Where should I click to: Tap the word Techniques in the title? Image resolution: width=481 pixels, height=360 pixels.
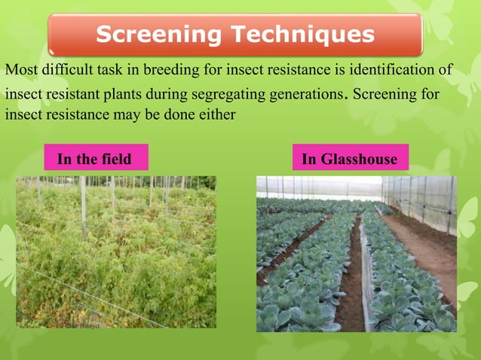pyautogui.click(x=301, y=35)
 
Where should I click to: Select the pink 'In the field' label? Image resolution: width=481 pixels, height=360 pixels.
pyautogui.click(x=94, y=159)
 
